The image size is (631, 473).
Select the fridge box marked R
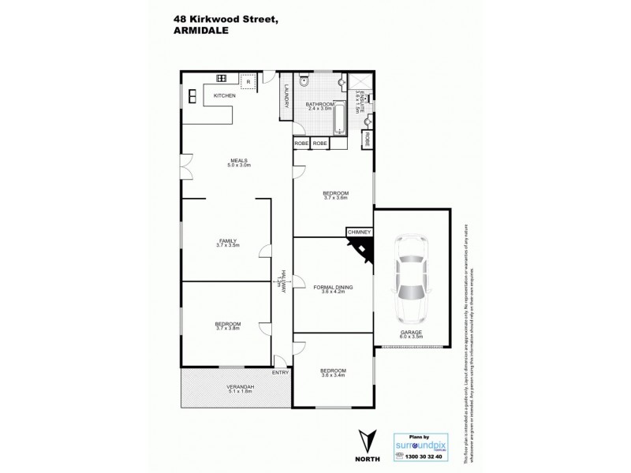(x=248, y=81)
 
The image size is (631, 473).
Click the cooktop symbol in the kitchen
(x=222, y=79)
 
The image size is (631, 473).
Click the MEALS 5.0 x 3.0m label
(x=238, y=163)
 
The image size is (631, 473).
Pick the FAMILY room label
(x=228, y=243)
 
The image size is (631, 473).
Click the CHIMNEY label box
(x=358, y=233)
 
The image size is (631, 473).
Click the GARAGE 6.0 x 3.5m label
(x=410, y=334)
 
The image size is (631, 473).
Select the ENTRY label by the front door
(x=280, y=372)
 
